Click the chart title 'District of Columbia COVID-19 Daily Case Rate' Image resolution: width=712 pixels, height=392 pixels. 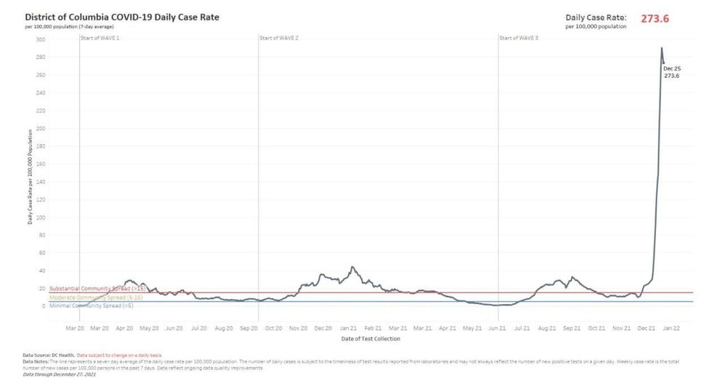(x=121, y=16)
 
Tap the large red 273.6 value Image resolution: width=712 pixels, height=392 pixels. (x=655, y=19)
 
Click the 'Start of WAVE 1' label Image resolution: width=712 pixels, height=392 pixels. (x=100, y=36)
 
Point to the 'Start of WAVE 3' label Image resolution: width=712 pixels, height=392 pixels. (x=519, y=36)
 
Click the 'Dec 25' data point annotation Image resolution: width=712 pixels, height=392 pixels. (x=671, y=68)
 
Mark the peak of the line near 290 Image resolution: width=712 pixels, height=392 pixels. (x=661, y=49)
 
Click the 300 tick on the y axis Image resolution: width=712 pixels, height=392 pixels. (x=41, y=39)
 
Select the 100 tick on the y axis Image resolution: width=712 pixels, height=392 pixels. (x=41, y=217)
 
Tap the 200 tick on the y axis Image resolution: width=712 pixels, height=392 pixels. (x=41, y=129)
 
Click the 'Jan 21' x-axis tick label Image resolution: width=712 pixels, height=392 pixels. (x=348, y=329)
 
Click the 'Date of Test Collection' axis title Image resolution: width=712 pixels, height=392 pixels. (x=370, y=338)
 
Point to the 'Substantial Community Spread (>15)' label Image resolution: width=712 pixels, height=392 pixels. (x=95, y=289)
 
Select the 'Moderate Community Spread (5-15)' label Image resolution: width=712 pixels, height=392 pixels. (x=95, y=297)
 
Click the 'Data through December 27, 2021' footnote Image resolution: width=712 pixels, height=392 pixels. (x=60, y=375)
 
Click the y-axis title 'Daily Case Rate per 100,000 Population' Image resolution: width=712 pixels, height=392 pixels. (x=31, y=177)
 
